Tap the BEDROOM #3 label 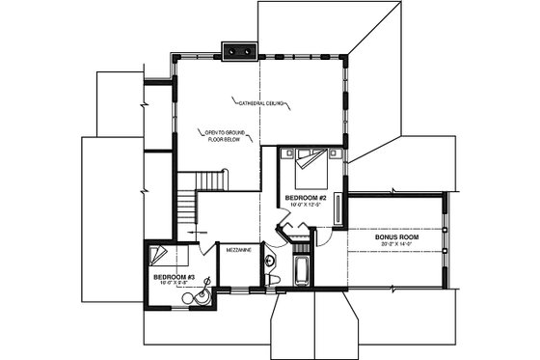coord(175,277)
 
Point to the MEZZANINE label coord(239,250)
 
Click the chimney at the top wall coord(237,50)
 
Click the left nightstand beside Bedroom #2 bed coord(285,152)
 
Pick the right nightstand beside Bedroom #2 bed coord(334,152)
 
